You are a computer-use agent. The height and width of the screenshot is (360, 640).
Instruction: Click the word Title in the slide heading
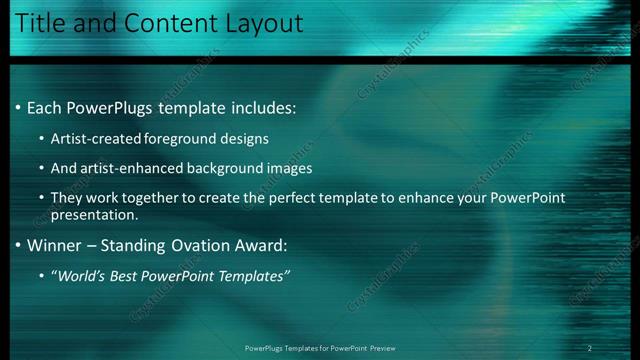pos(43,22)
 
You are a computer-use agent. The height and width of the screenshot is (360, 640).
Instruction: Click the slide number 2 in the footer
pos(590,348)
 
